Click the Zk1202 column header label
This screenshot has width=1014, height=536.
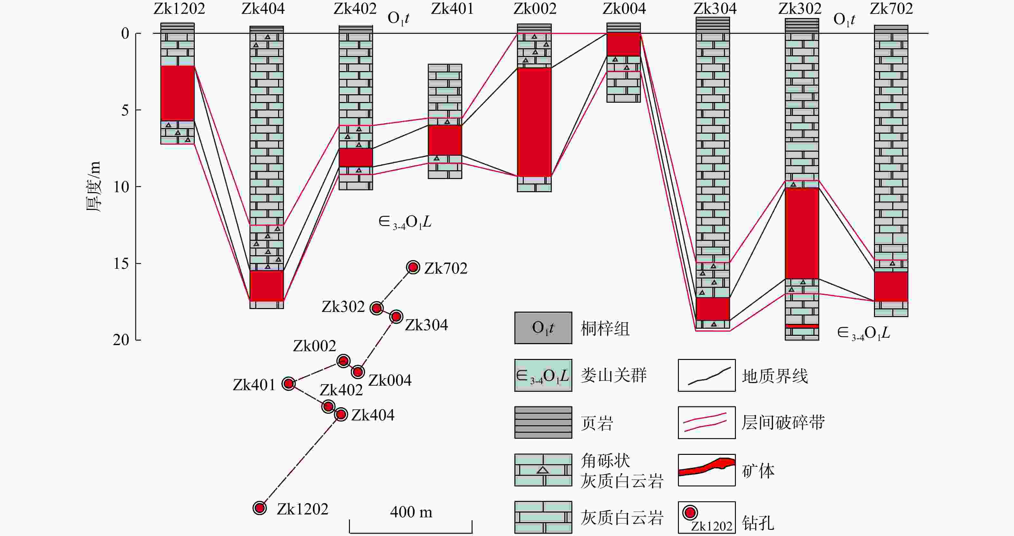179,9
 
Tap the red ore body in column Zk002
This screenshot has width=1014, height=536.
534,122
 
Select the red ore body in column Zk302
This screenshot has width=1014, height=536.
802,233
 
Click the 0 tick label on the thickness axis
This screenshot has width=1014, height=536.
125,33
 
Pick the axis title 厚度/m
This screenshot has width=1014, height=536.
94,186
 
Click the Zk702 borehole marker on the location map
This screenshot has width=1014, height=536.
413,268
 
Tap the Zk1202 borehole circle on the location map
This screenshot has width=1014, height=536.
259,508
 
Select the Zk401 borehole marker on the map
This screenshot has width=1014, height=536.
288,383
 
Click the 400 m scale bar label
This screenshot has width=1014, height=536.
411,512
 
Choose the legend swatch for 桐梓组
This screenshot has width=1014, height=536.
543,328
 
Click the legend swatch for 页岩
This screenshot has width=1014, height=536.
543,422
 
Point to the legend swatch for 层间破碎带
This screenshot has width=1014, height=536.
707,422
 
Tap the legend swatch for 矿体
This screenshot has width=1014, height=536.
707,470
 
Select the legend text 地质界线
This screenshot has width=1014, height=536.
775,376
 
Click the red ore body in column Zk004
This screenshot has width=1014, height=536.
624,44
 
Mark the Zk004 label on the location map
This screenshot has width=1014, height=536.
390,380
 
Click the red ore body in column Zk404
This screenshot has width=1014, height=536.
267,286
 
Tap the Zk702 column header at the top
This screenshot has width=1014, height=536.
891,9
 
